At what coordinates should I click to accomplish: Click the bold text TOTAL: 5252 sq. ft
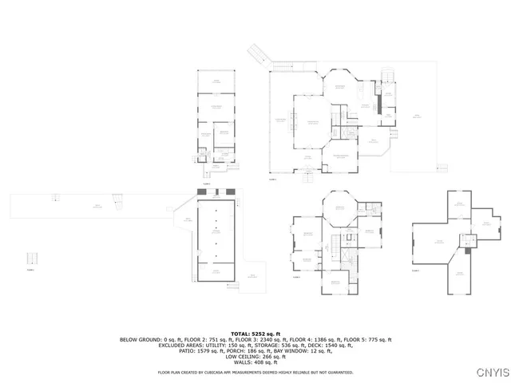point(255,333)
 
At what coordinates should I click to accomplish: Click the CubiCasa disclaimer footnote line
point(255,372)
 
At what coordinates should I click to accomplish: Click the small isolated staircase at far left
point(32,260)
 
